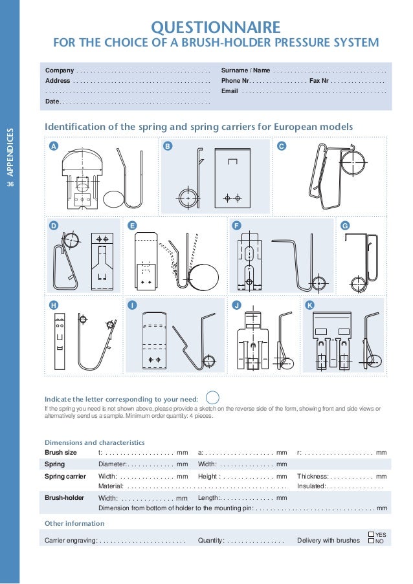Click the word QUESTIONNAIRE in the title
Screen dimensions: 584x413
(216, 27)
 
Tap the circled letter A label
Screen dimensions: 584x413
(54, 146)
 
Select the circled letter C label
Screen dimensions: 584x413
(281, 146)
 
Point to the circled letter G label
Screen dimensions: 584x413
(344, 225)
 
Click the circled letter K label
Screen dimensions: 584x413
(309, 304)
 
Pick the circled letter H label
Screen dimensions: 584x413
(54, 304)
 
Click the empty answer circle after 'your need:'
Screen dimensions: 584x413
(212, 397)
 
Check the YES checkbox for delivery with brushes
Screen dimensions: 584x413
(371, 534)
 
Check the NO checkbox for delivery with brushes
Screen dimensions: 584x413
(371, 541)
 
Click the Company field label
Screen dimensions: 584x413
(59, 70)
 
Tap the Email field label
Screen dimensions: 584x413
(230, 91)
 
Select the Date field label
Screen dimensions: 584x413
(52, 102)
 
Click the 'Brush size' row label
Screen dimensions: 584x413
(60, 452)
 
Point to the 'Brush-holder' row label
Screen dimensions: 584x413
(63, 498)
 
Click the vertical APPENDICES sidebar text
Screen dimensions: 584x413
(10, 153)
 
